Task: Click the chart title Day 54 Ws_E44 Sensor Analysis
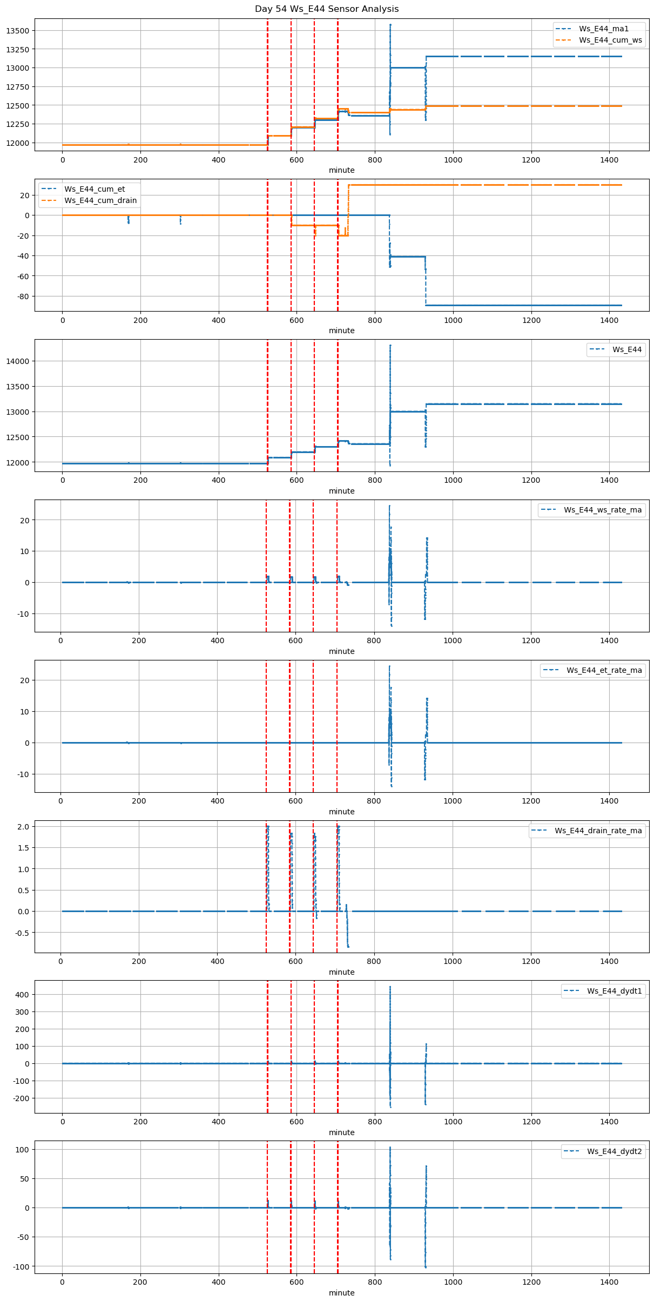click(x=327, y=9)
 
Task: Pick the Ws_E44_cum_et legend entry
click(x=95, y=189)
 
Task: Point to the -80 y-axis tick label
click(x=22, y=296)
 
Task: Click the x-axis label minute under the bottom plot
click(x=341, y=1293)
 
